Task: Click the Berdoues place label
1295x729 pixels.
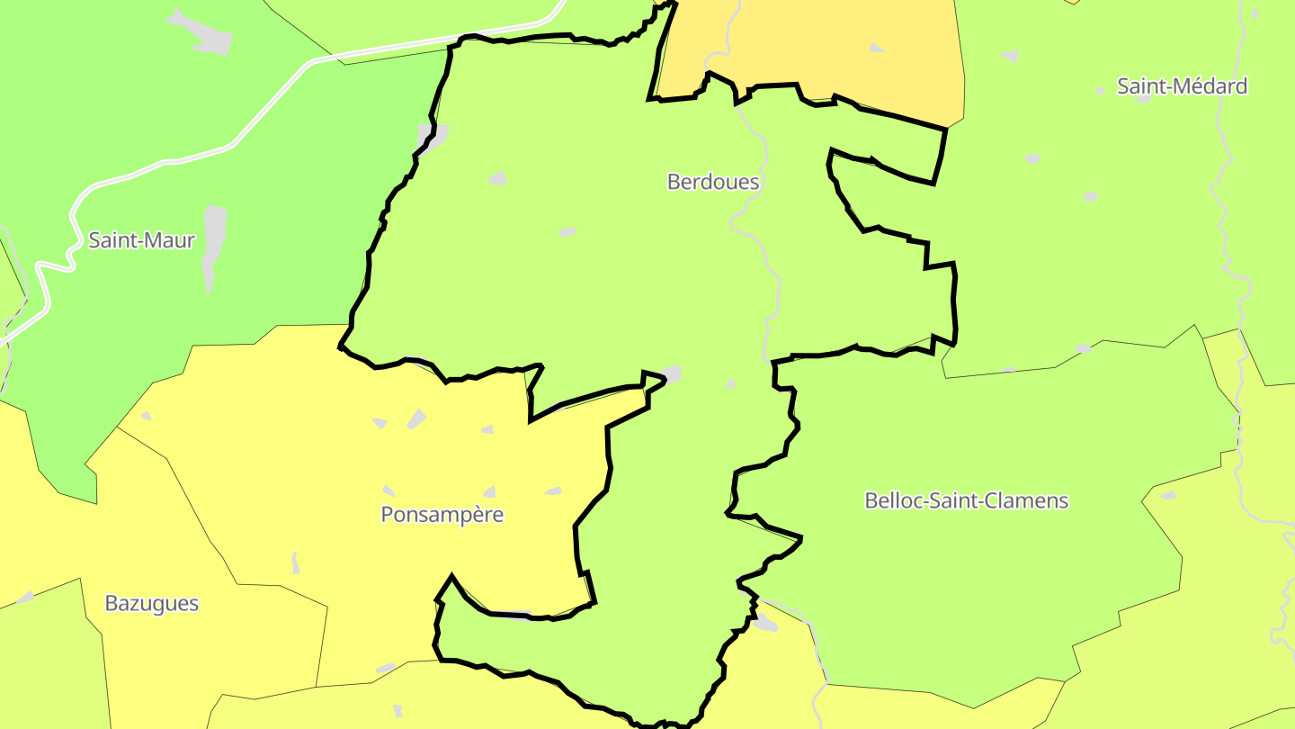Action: pos(712,182)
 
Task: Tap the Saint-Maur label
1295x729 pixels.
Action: pos(141,240)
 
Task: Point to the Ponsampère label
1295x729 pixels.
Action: pos(442,515)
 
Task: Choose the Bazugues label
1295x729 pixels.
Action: pos(151,603)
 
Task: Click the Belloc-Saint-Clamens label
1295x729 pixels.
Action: pos(966,500)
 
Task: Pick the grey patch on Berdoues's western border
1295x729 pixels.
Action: pos(432,137)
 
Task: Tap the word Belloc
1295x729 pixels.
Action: pos(894,500)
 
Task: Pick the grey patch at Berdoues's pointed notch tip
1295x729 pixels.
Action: pos(671,373)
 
